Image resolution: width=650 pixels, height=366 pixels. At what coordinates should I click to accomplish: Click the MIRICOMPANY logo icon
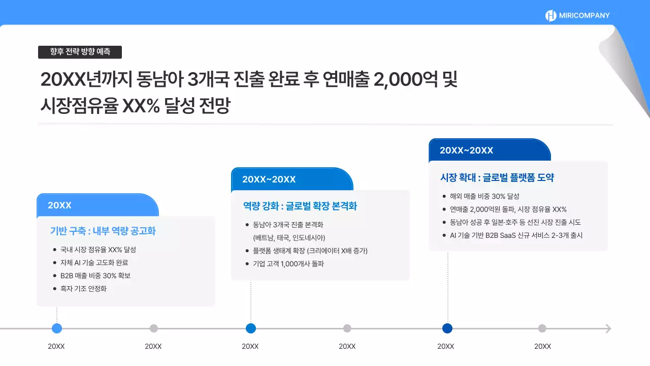pyautogui.click(x=551, y=16)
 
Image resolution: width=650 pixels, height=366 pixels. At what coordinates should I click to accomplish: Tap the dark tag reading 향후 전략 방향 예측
pyautogui.click(x=80, y=52)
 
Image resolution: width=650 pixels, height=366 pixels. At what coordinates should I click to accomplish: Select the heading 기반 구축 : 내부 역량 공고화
pyautogui.click(x=103, y=231)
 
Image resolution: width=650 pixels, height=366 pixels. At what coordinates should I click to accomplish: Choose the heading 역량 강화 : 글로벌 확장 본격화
pyautogui.click(x=300, y=206)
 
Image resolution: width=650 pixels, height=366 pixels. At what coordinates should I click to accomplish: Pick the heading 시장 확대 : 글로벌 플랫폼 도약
pyautogui.click(x=497, y=178)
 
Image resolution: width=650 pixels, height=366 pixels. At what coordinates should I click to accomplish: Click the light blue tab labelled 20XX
pyautogui.click(x=97, y=205)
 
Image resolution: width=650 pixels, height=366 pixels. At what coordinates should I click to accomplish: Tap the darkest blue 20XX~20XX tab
pyautogui.click(x=490, y=150)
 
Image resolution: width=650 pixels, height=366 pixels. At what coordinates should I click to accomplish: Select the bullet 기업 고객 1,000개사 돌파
pyautogui.click(x=288, y=263)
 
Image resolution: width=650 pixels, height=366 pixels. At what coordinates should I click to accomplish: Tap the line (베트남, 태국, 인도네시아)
pyautogui.click(x=289, y=237)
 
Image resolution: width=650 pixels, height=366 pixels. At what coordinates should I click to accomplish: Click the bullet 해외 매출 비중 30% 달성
pyautogui.click(x=484, y=196)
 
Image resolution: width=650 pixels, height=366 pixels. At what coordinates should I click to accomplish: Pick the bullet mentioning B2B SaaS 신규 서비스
pyautogui.click(x=516, y=235)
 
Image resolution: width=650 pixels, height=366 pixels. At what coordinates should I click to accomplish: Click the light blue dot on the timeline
pyautogui.click(x=57, y=328)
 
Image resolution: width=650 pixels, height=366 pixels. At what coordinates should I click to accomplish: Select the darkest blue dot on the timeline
pyautogui.click(x=447, y=328)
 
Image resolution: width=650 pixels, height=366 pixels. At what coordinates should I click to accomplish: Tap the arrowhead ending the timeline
pyautogui.click(x=608, y=328)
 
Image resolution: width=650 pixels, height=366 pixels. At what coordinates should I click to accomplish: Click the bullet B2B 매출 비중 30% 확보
pyautogui.click(x=95, y=276)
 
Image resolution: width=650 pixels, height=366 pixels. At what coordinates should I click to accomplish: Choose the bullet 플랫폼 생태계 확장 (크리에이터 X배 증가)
pyautogui.click(x=310, y=251)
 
